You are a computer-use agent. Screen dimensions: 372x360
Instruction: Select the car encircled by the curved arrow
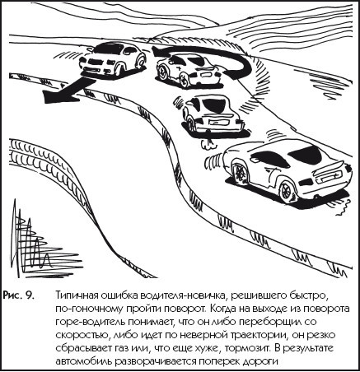[x=191, y=71]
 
